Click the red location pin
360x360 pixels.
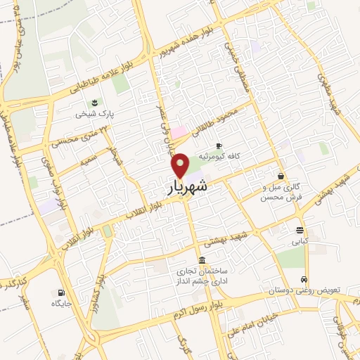click(181, 165)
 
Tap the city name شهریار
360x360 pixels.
click(188, 186)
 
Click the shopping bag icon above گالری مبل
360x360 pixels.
click(281, 176)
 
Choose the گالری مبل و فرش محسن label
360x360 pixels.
click(271, 193)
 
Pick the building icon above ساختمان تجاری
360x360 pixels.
click(202, 259)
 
